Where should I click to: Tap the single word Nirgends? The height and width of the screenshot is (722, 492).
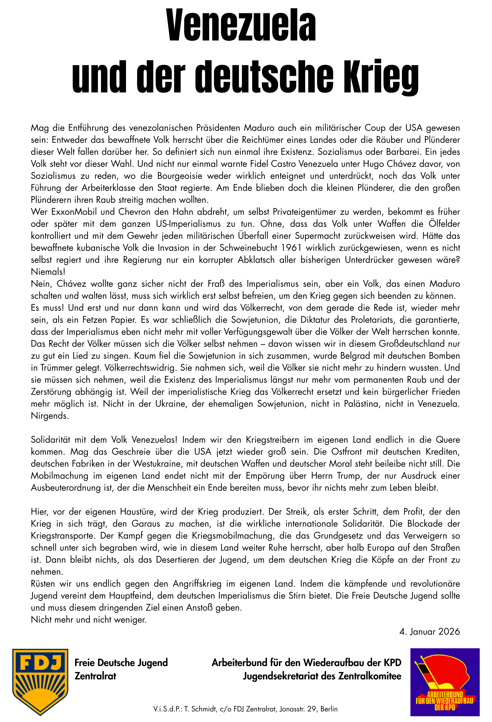pos(50,416)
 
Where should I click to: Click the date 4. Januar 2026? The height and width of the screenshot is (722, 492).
pos(429,632)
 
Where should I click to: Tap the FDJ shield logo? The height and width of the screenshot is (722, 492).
pos(40,681)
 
